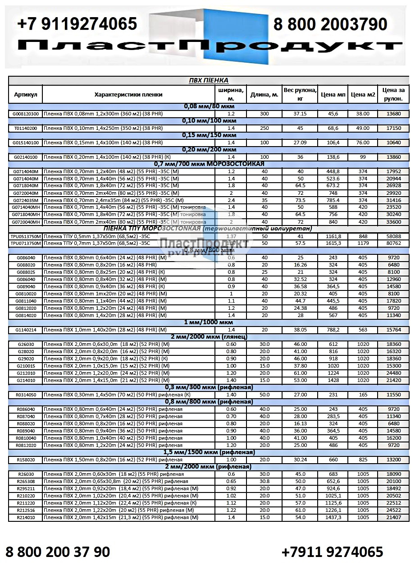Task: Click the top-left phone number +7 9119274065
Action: click(x=77, y=23)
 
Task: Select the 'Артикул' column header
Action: click(x=26, y=95)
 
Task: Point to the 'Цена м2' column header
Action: click(x=363, y=95)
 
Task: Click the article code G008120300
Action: click(x=26, y=114)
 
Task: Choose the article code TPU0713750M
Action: click(x=26, y=243)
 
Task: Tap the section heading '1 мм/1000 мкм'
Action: click(x=208, y=322)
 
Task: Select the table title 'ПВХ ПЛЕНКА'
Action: click(x=208, y=80)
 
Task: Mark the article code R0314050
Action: click(x=26, y=395)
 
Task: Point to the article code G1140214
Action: click(x=26, y=330)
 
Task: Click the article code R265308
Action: click(x=26, y=481)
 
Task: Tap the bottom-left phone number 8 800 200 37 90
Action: click(x=58, y=551)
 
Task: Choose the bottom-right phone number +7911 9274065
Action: click(x=332, y=551)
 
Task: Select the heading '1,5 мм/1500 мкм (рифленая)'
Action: click(x=208, y=452)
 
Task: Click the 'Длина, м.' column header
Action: click(x=264, y=95)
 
